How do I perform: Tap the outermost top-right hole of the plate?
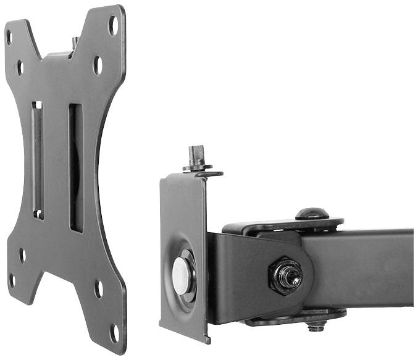click(x=113, y=25)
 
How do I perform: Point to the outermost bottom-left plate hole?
click(x=12, y=281)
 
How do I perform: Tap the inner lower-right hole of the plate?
click(x=99, y=288)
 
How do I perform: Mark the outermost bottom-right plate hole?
click(x=114, y=332)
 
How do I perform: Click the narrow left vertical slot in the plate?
click(x=38, y=160)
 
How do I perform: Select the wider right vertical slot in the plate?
click(x=75, y=167)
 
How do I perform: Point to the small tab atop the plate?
click(x=75, y=44)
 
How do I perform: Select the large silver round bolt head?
click(x=183, y=275)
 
